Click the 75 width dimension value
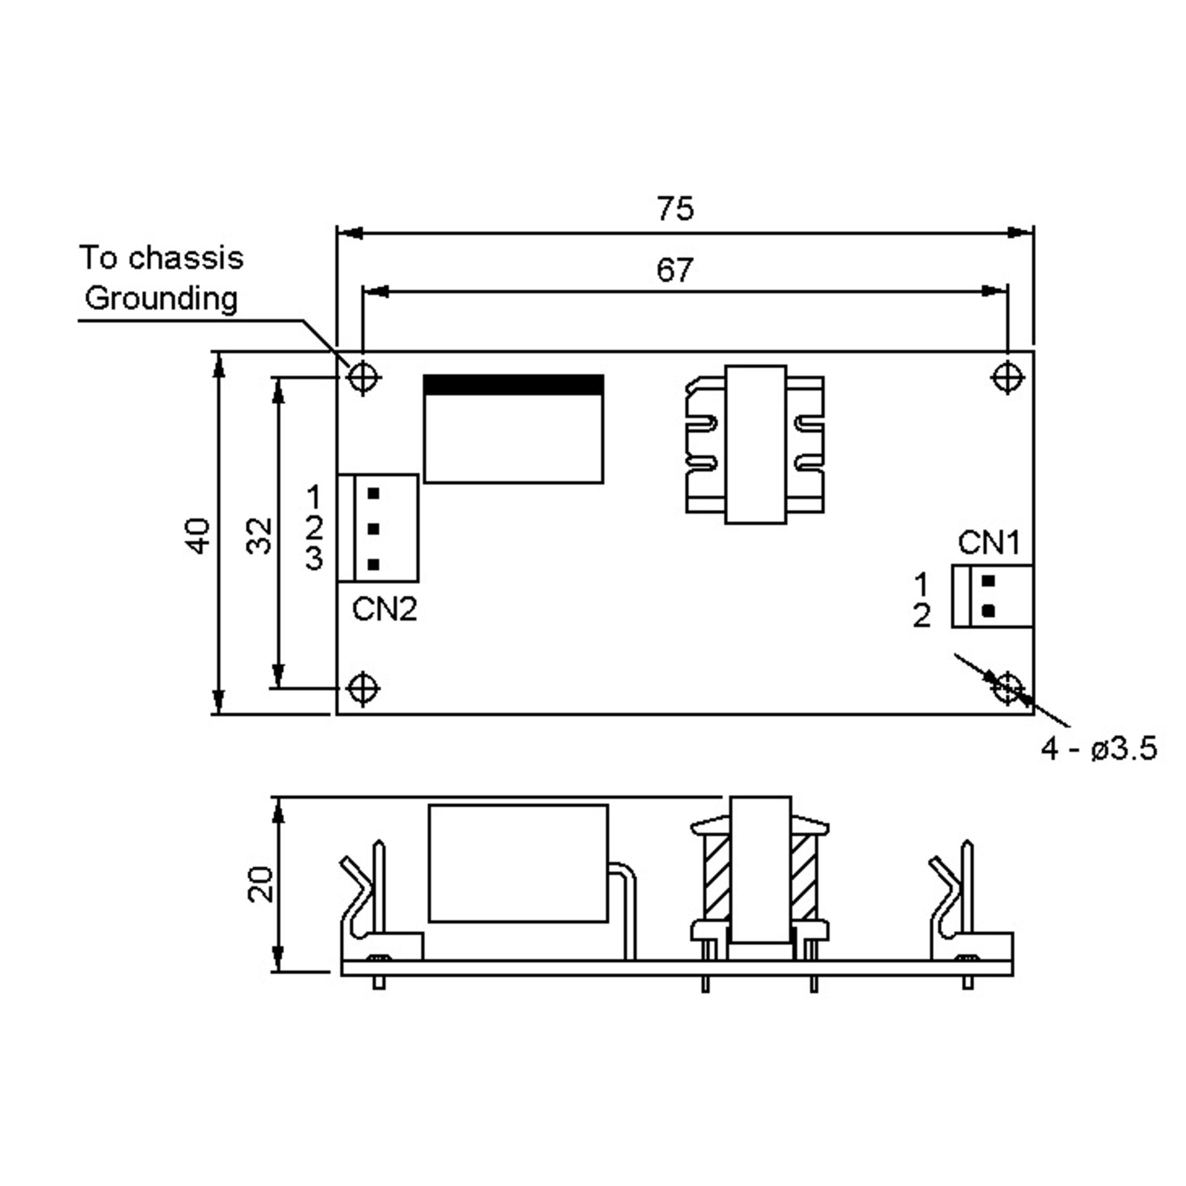(675, 209)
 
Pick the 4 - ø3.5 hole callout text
(1099, 750)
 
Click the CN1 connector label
(988, 543)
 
